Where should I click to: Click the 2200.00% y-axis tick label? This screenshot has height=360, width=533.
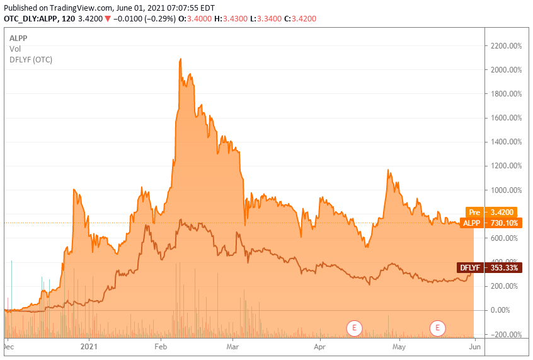tap(506, 46)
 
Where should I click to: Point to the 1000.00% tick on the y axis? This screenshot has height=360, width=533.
tap(506, 190)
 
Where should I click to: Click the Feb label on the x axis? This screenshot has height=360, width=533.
tap(161, 346)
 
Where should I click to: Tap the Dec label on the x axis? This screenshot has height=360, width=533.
tap(9, 346)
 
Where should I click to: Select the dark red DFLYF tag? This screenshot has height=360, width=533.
tap(470, 268)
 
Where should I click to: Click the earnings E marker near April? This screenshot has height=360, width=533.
tap(355, 327)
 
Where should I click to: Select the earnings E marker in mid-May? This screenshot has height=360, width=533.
tap(437, 327)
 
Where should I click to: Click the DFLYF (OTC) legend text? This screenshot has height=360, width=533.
tap(31, 59)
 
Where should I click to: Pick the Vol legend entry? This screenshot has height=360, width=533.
tap(14, 49)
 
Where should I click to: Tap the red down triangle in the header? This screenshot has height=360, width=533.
tap(108, 19)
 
